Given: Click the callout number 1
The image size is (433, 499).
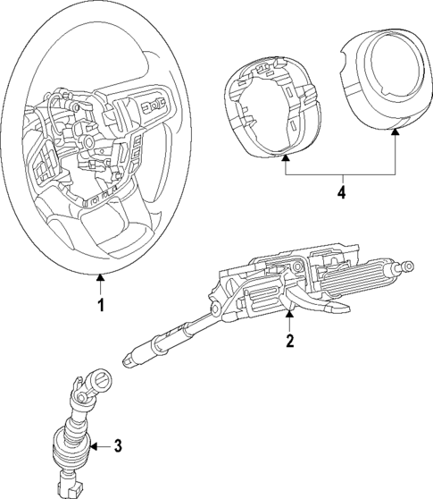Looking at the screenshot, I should coord(101,305).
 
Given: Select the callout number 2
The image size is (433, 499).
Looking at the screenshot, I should coord(288,341).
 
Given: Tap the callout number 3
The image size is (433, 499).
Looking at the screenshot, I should coord(119,445).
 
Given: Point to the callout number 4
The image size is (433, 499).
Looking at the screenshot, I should coord(341,190).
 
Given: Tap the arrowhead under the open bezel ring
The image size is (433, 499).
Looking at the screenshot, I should coord(286,157).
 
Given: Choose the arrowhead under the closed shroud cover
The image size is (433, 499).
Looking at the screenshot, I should coord(396,131).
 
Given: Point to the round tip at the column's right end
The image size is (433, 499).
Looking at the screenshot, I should coord(408,266).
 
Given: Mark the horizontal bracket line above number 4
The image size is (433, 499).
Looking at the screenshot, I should coord(341,173).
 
